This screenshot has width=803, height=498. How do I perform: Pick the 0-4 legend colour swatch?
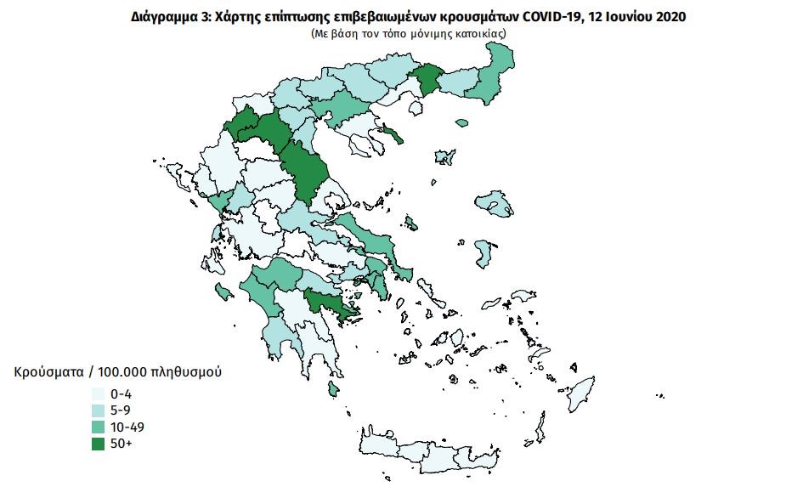[99, 394]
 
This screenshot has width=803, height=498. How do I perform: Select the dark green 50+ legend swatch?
[99, 443]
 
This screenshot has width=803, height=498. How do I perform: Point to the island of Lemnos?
[443, 157]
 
